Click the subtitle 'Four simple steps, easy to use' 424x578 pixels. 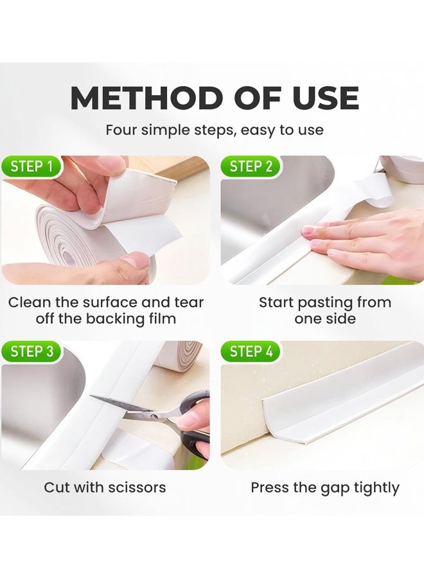tap(214, 130)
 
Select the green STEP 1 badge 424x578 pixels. tap(32, 167)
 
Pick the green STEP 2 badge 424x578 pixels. tap(251, 167)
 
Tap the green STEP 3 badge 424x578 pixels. tap(32, 351)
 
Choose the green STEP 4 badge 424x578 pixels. tap(251, 351)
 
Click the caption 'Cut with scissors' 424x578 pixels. tap(105, 487)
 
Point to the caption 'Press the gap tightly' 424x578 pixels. tap(325, 487)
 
